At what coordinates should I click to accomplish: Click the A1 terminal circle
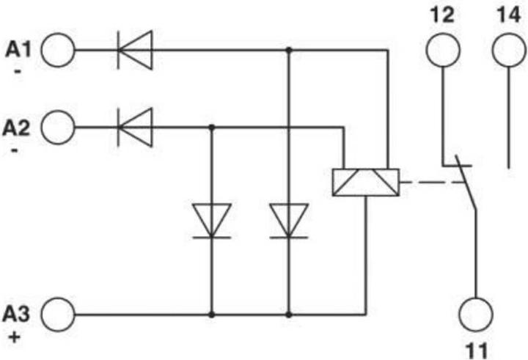(59, 50)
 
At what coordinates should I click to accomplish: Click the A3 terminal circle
(59, 315)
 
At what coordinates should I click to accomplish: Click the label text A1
(18, 49)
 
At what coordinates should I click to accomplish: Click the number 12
(442, 12)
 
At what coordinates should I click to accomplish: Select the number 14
(508, 12)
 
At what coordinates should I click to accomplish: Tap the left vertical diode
(212, 221)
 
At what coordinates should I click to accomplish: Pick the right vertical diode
(289, 221)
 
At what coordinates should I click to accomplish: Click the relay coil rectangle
(365, 182)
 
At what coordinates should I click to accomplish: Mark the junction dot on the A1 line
(289, 50)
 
